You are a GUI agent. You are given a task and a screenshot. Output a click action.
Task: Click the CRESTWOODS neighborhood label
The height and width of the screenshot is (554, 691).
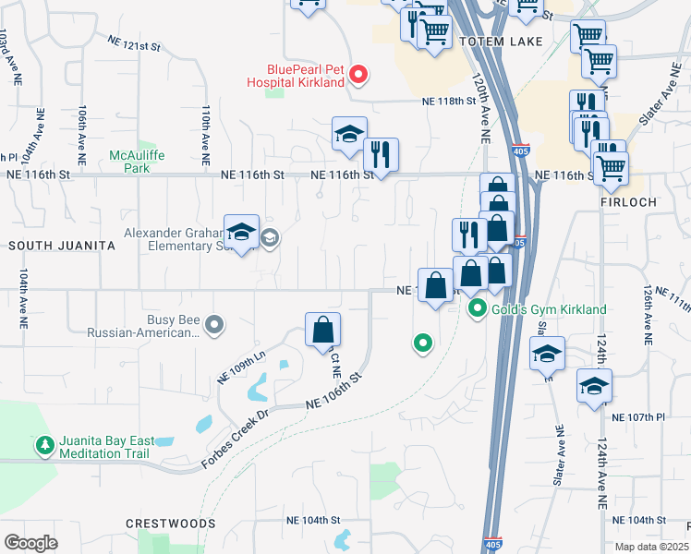coord(171,524)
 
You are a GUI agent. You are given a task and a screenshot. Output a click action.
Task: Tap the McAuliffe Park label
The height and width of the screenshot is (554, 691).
coord(136,162)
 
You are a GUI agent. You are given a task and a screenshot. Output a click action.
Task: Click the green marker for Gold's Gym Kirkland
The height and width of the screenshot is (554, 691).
coord(478,308)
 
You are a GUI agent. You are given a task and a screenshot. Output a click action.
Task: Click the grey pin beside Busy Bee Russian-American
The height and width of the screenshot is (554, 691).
coord(214,324)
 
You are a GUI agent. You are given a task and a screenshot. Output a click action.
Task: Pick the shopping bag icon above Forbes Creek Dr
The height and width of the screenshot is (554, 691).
coord(322,330)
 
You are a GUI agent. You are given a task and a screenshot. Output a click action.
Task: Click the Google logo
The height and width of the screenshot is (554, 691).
coord(30,542)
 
